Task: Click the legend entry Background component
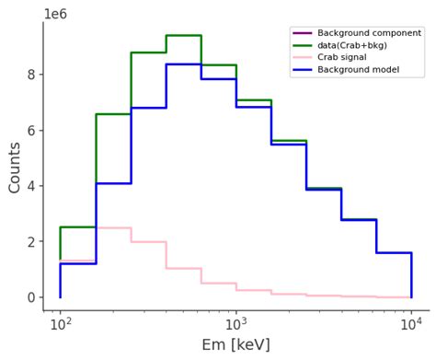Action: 369,33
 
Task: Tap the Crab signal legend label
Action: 342,57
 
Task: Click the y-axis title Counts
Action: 15,168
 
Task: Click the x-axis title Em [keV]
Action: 235,345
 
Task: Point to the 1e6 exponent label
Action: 55,14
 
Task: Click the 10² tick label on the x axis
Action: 61,321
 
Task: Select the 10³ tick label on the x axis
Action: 236,321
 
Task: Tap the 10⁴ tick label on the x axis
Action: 411,321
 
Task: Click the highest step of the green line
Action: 183,35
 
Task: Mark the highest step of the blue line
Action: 183,64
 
